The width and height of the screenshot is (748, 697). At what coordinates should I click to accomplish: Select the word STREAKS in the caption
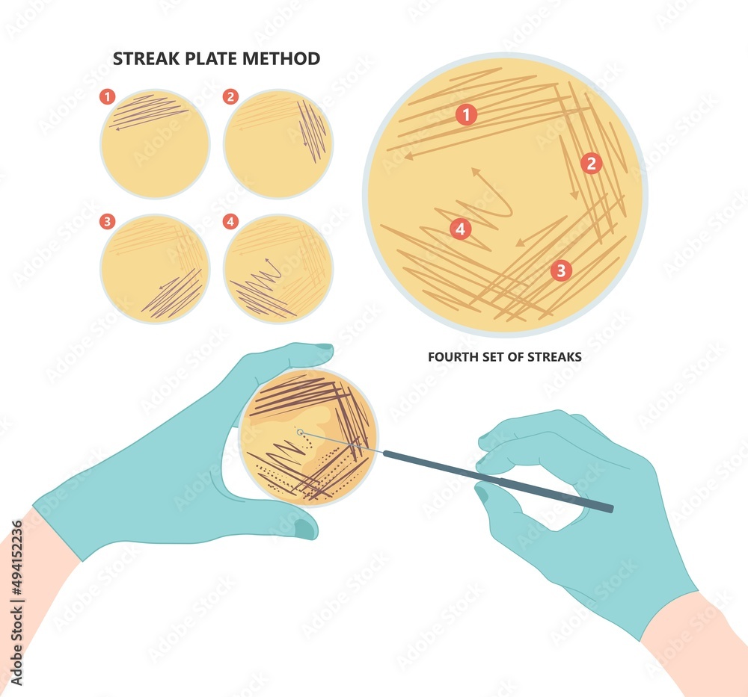(556, 357)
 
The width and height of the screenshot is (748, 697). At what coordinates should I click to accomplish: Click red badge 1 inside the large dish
(466, 115)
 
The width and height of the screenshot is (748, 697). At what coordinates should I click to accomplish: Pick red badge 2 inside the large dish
(591, 164)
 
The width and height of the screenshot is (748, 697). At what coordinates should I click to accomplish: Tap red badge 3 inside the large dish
(561, 270)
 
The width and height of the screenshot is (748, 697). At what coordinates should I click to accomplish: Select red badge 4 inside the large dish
(461, 229)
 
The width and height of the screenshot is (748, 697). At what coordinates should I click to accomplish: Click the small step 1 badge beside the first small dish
(108, 96)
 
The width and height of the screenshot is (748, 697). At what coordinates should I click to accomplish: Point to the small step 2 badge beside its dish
(230, 96)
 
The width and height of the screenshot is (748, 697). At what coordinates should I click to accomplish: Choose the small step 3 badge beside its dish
(108, 221)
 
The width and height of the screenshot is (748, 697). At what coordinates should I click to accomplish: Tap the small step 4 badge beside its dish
(230, 221)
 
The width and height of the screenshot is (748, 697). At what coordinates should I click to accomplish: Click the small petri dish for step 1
(155, 143)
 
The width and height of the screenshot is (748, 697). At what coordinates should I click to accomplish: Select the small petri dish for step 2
(278, 143)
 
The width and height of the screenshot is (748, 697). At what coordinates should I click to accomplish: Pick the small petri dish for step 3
(155, 269)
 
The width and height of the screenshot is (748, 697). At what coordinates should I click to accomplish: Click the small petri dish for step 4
(278, 269)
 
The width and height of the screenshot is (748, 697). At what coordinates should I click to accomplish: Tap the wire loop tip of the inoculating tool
(300, 433)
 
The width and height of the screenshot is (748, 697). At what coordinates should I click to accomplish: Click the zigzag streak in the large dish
(479, 213)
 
